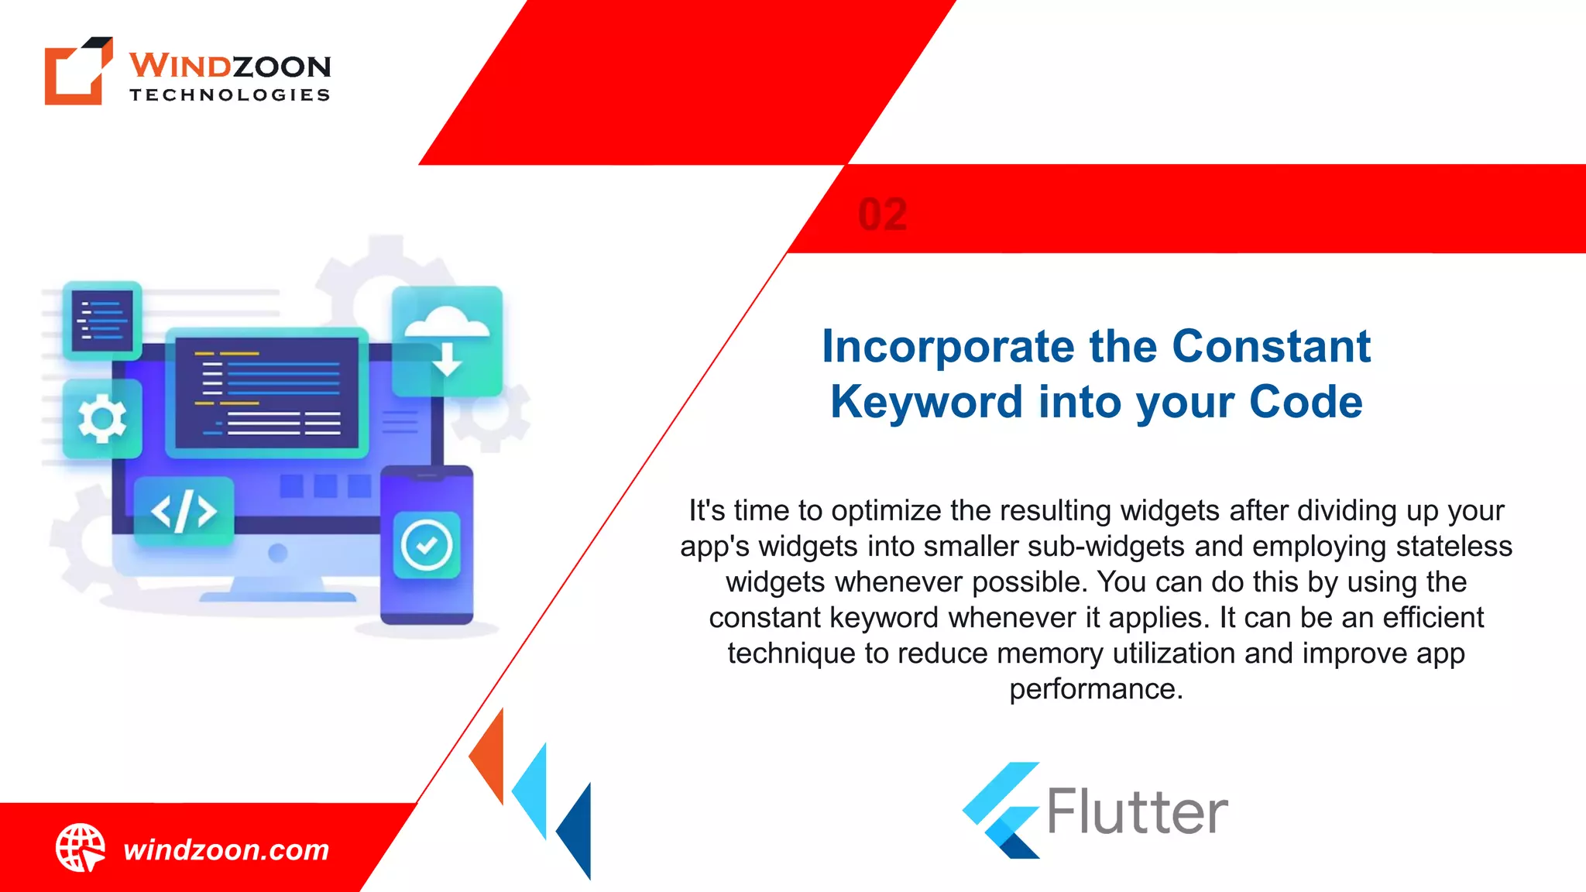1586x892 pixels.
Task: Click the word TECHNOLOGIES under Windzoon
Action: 230,95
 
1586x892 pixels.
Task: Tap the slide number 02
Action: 883,214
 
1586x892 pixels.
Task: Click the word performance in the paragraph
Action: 1095,688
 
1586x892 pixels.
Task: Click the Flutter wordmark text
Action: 1137,812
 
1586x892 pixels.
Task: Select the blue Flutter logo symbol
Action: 1001,810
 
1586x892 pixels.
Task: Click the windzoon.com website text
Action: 226,850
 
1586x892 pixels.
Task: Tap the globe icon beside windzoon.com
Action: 80,848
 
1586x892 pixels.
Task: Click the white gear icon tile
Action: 102,419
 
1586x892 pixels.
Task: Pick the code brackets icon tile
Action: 184,512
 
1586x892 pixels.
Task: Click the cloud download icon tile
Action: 447,341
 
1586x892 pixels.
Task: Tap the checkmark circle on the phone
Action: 427,545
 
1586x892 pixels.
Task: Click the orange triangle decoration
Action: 490,757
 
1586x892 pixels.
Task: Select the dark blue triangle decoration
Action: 578,829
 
